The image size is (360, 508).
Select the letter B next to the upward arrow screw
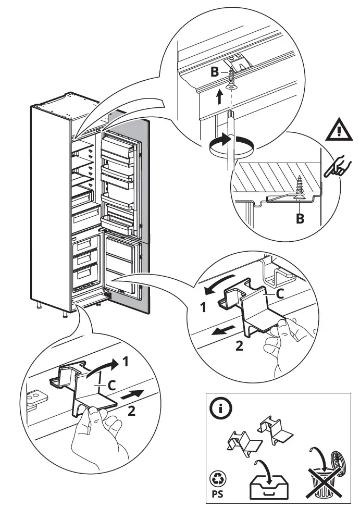tap(215, 72)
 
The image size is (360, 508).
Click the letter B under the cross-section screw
tap(300, 219)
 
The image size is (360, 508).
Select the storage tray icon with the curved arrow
tap(267, 478)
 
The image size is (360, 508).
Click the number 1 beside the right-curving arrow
tap(126, 360)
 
